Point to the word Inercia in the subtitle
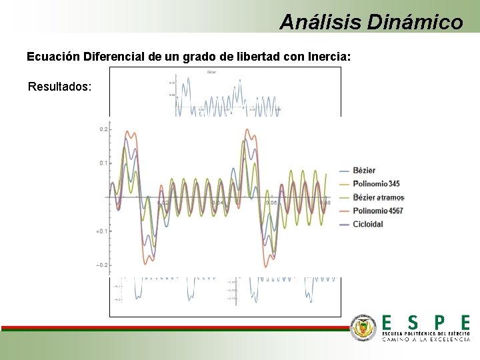pos(327,57)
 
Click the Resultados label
pos(59,87)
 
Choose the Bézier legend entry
pos(364,171)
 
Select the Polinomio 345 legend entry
pos(377,184)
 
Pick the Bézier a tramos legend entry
pos(379,197)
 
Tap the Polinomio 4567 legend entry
pos(378,211)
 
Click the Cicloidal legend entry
pos(368,224)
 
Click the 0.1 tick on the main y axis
pos(103,163)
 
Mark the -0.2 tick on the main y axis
pos(101,265)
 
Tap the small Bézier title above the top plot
pos(211,71)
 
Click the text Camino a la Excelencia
pos(425,339)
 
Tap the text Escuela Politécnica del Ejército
pos(425,332)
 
